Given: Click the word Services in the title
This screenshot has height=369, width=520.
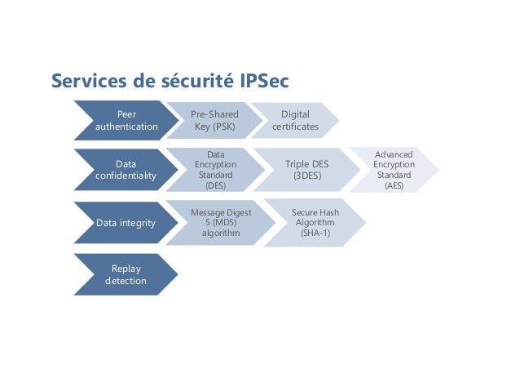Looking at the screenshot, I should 86,82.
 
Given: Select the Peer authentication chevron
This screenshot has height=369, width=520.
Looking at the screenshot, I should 126,121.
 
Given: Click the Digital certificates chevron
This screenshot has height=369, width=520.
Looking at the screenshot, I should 295,121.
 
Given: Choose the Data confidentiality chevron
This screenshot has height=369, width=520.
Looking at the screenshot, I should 126,170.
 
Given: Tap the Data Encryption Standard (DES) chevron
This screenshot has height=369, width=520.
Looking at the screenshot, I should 215,170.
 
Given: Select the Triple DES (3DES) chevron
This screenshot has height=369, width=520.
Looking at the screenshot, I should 306,170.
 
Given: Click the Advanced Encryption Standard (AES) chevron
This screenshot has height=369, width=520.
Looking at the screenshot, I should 394,170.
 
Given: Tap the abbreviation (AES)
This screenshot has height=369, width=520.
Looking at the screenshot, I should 394,185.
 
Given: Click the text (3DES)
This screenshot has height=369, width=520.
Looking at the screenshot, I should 307,176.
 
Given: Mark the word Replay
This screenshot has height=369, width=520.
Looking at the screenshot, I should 126,268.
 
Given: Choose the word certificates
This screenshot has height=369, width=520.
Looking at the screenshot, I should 295,127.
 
